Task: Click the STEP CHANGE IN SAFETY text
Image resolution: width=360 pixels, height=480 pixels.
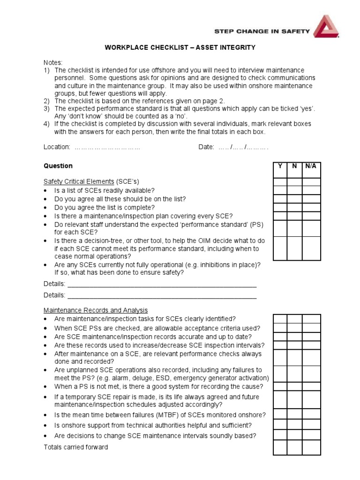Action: point(262,31)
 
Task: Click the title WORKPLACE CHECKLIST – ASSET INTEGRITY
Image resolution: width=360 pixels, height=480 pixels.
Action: point(180,48)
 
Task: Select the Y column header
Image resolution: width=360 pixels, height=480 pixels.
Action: point(280,166)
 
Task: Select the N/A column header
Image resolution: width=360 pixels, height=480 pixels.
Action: point(311,166)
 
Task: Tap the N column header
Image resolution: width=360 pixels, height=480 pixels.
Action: point(294,166)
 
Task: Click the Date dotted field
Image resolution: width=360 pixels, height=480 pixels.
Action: point(242,147)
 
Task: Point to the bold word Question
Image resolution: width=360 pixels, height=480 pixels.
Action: point(58,166)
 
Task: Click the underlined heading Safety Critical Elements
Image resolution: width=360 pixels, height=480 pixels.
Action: point(79,181)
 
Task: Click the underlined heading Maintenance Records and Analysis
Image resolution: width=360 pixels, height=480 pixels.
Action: point(96,310)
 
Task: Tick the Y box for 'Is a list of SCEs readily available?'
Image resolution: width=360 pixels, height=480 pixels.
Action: point(280,190)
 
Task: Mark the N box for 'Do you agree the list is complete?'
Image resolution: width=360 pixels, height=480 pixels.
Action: point(294,207)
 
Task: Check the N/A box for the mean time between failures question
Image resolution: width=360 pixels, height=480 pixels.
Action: point(311,414)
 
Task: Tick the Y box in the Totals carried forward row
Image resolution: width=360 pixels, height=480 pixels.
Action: point(280,448)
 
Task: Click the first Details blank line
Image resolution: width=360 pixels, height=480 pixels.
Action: point(162,285)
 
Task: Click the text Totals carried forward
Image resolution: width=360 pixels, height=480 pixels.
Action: point(75,447)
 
